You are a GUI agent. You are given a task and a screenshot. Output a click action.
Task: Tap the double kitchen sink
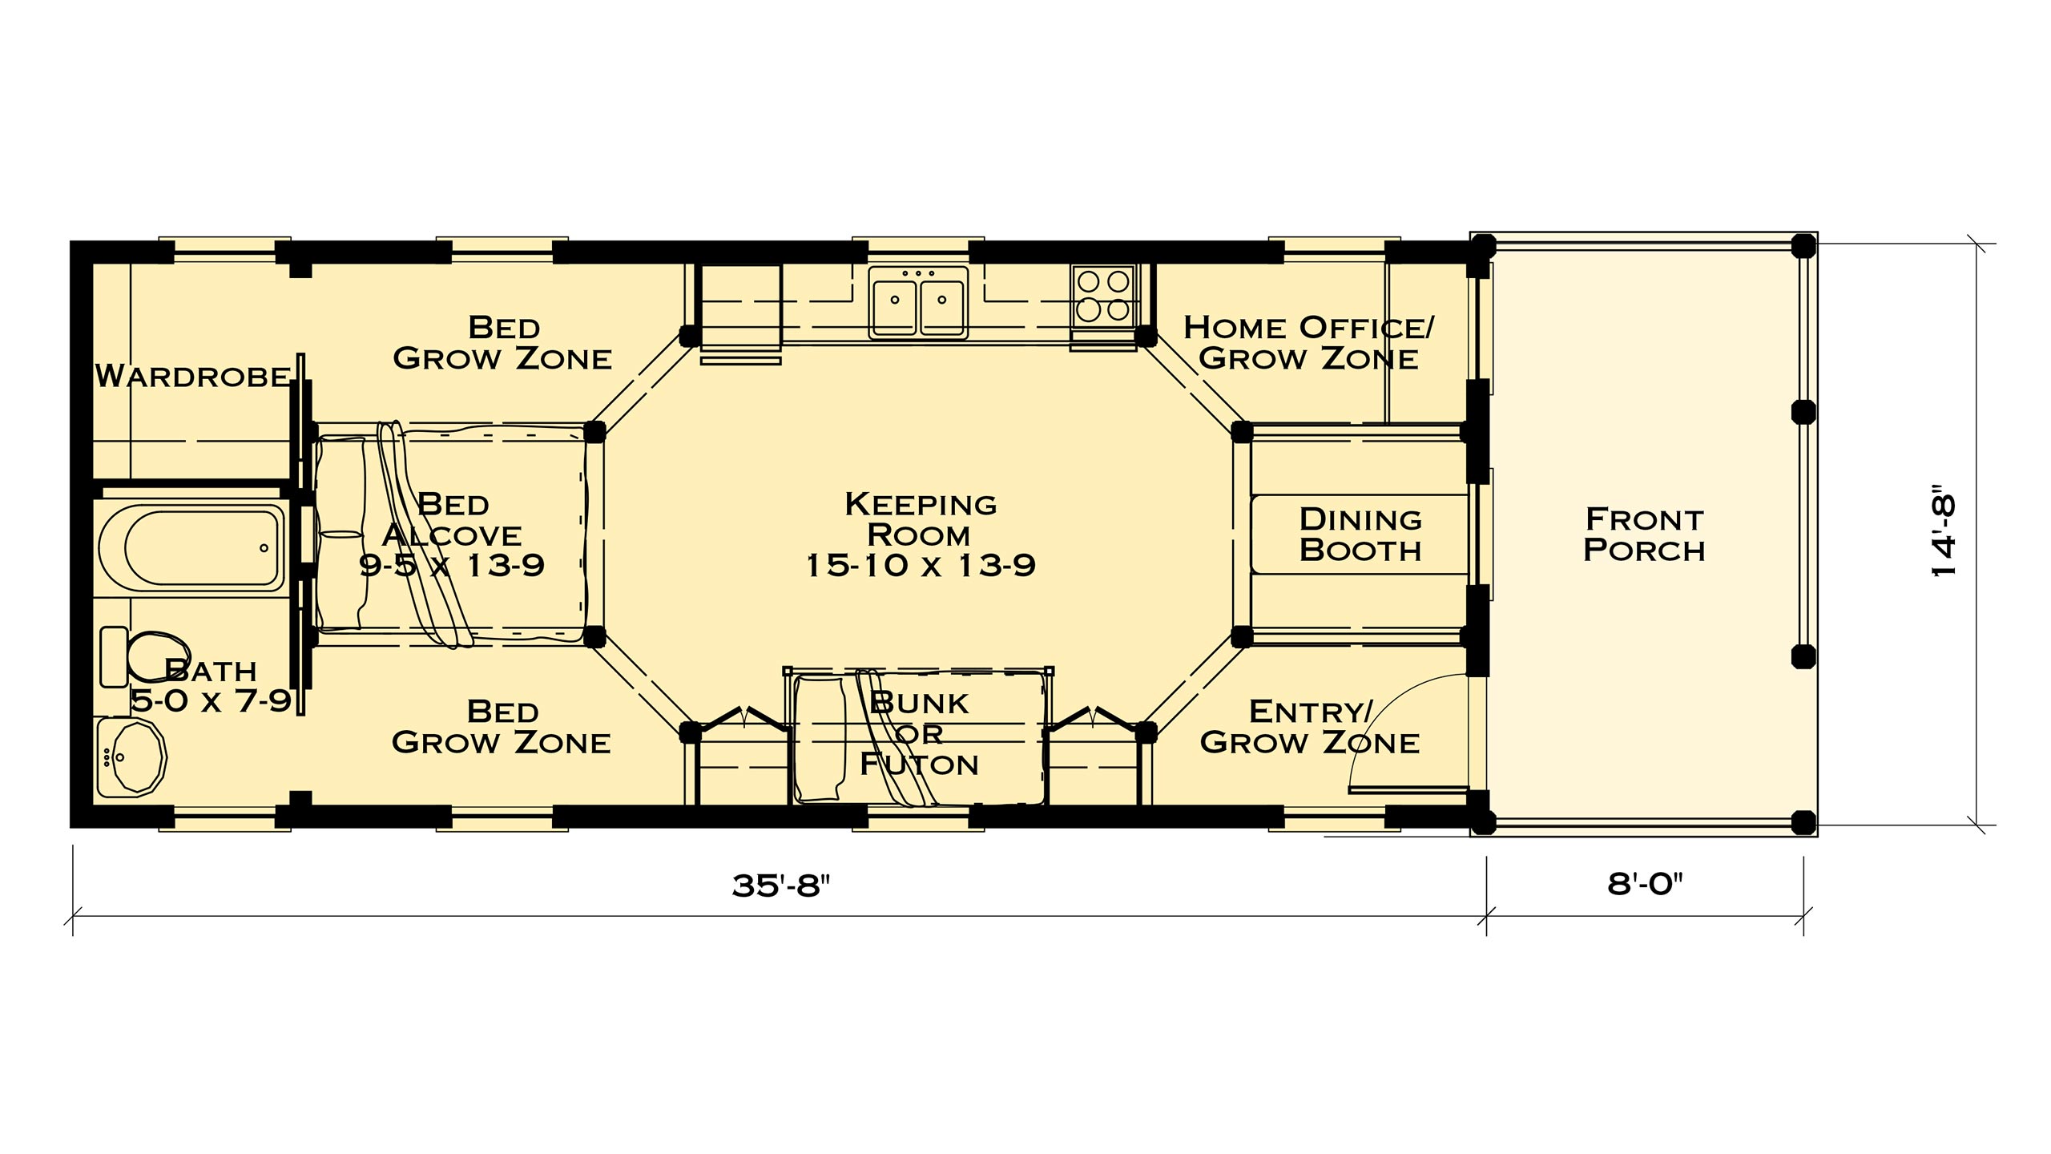coord(918,301)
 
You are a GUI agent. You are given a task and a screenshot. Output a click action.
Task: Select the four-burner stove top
coord(1104,295)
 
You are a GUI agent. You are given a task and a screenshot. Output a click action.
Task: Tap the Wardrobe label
coord(192,376)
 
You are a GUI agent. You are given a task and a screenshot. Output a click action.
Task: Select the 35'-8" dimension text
coord(780,886)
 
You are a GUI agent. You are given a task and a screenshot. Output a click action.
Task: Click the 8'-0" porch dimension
coord(1645,884)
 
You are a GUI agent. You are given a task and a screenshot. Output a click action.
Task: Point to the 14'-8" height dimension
coord(1944,530)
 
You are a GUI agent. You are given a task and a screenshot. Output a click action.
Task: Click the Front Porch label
coord(1644,535)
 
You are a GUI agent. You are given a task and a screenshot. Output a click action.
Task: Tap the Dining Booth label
coord(1360,535)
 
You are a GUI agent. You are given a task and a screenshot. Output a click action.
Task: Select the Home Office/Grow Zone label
coord(1308,342)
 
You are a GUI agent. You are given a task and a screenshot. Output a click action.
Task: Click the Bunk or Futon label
coord(919,733)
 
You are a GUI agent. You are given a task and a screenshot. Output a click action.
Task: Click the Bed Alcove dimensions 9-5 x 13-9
coord(451,566)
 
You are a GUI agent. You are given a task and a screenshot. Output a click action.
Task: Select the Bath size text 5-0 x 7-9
coord(211,701)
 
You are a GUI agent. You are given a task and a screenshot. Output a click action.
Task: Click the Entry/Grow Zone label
coord(1309,727)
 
